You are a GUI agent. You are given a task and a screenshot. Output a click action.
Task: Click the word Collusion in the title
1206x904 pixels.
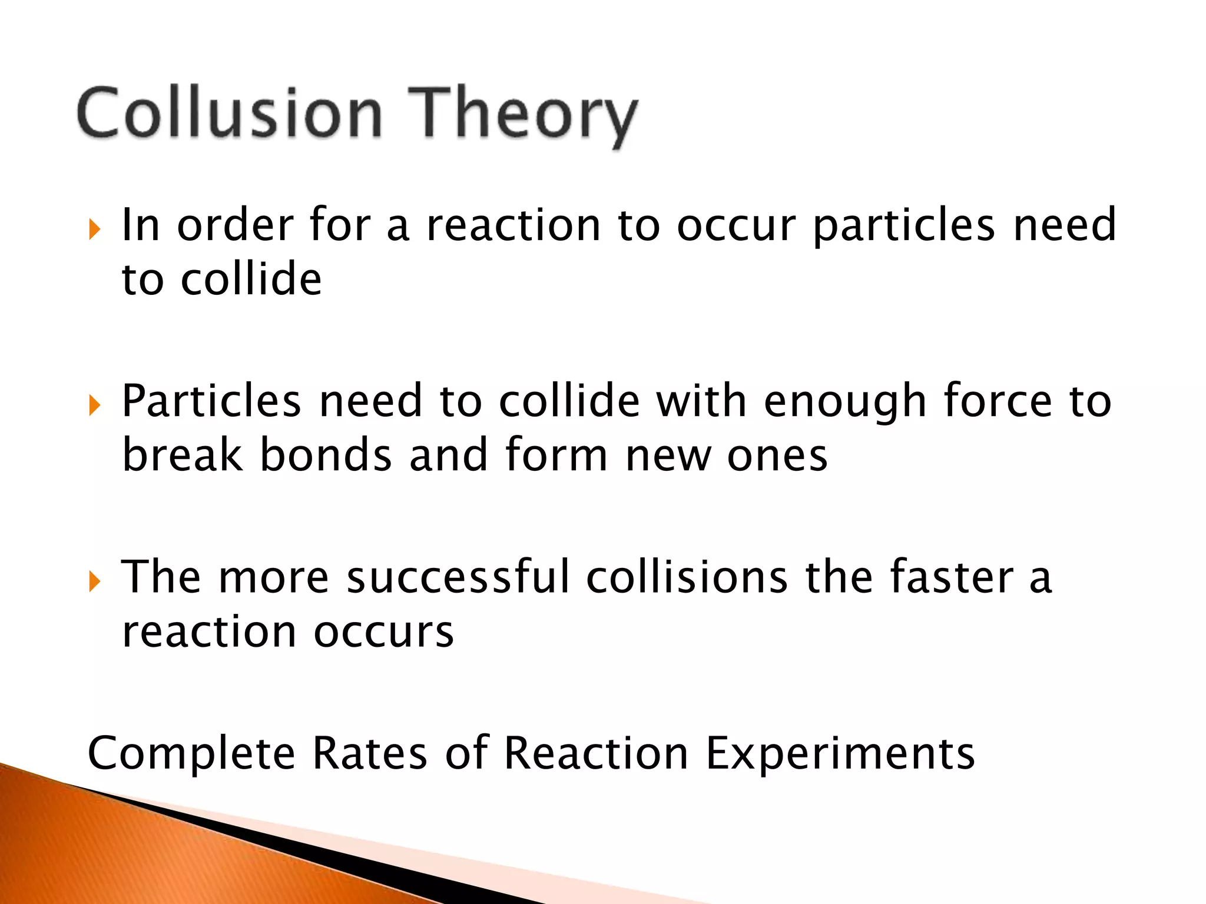pos(230,112)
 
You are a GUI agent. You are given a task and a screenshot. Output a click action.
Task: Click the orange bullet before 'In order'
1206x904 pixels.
pos(94,229)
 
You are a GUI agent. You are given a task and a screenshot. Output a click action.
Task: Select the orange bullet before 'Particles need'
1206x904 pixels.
pos(94,405)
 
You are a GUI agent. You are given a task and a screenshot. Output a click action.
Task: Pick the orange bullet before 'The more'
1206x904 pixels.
pos(94,581)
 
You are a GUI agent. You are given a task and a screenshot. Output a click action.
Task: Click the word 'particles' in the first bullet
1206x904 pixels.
pos(904,227)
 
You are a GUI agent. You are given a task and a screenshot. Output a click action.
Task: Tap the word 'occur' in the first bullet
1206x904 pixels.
pos(736,227)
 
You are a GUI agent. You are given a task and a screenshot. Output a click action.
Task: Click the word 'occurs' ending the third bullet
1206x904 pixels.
pos(383,632)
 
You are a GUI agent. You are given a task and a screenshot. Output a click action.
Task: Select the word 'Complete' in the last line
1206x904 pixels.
pos(191,754)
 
